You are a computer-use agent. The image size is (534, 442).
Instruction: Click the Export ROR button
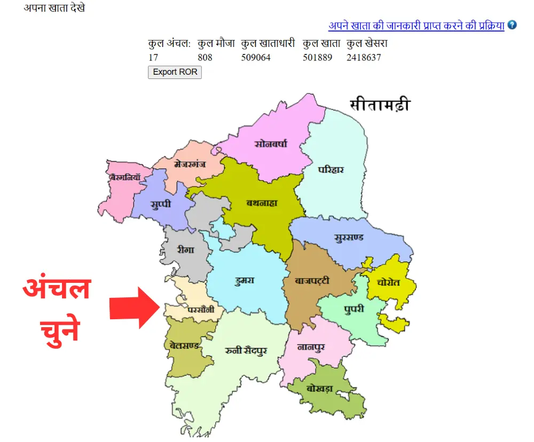pyautogui.click(x=175, y=72)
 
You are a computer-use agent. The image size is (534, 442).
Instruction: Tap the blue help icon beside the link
pyautogui.click(x=512, y=25)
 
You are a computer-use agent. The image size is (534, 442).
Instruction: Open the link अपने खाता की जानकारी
pyautogui.click(x=416, y=25)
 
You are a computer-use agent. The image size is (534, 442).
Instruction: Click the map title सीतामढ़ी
pyautogui.click(x=380, y=105)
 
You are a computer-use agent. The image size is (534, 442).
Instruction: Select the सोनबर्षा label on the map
pyautogui.click(x=271, y=143)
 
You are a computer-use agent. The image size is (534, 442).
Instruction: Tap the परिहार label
pyautogui.click(x=331, y=170)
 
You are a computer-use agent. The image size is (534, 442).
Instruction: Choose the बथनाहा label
pyautogui.click(x=262, y=203)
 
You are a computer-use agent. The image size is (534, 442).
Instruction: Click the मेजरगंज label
pyautogui.click(x=190, y=164)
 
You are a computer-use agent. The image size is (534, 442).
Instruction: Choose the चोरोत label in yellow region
pyautogui.click(x=388, y=282)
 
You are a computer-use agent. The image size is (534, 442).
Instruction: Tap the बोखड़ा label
pyautogui.click(x=320, y=389)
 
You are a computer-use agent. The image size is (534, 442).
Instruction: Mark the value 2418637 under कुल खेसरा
pyautogui.click(x=364, y=57)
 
